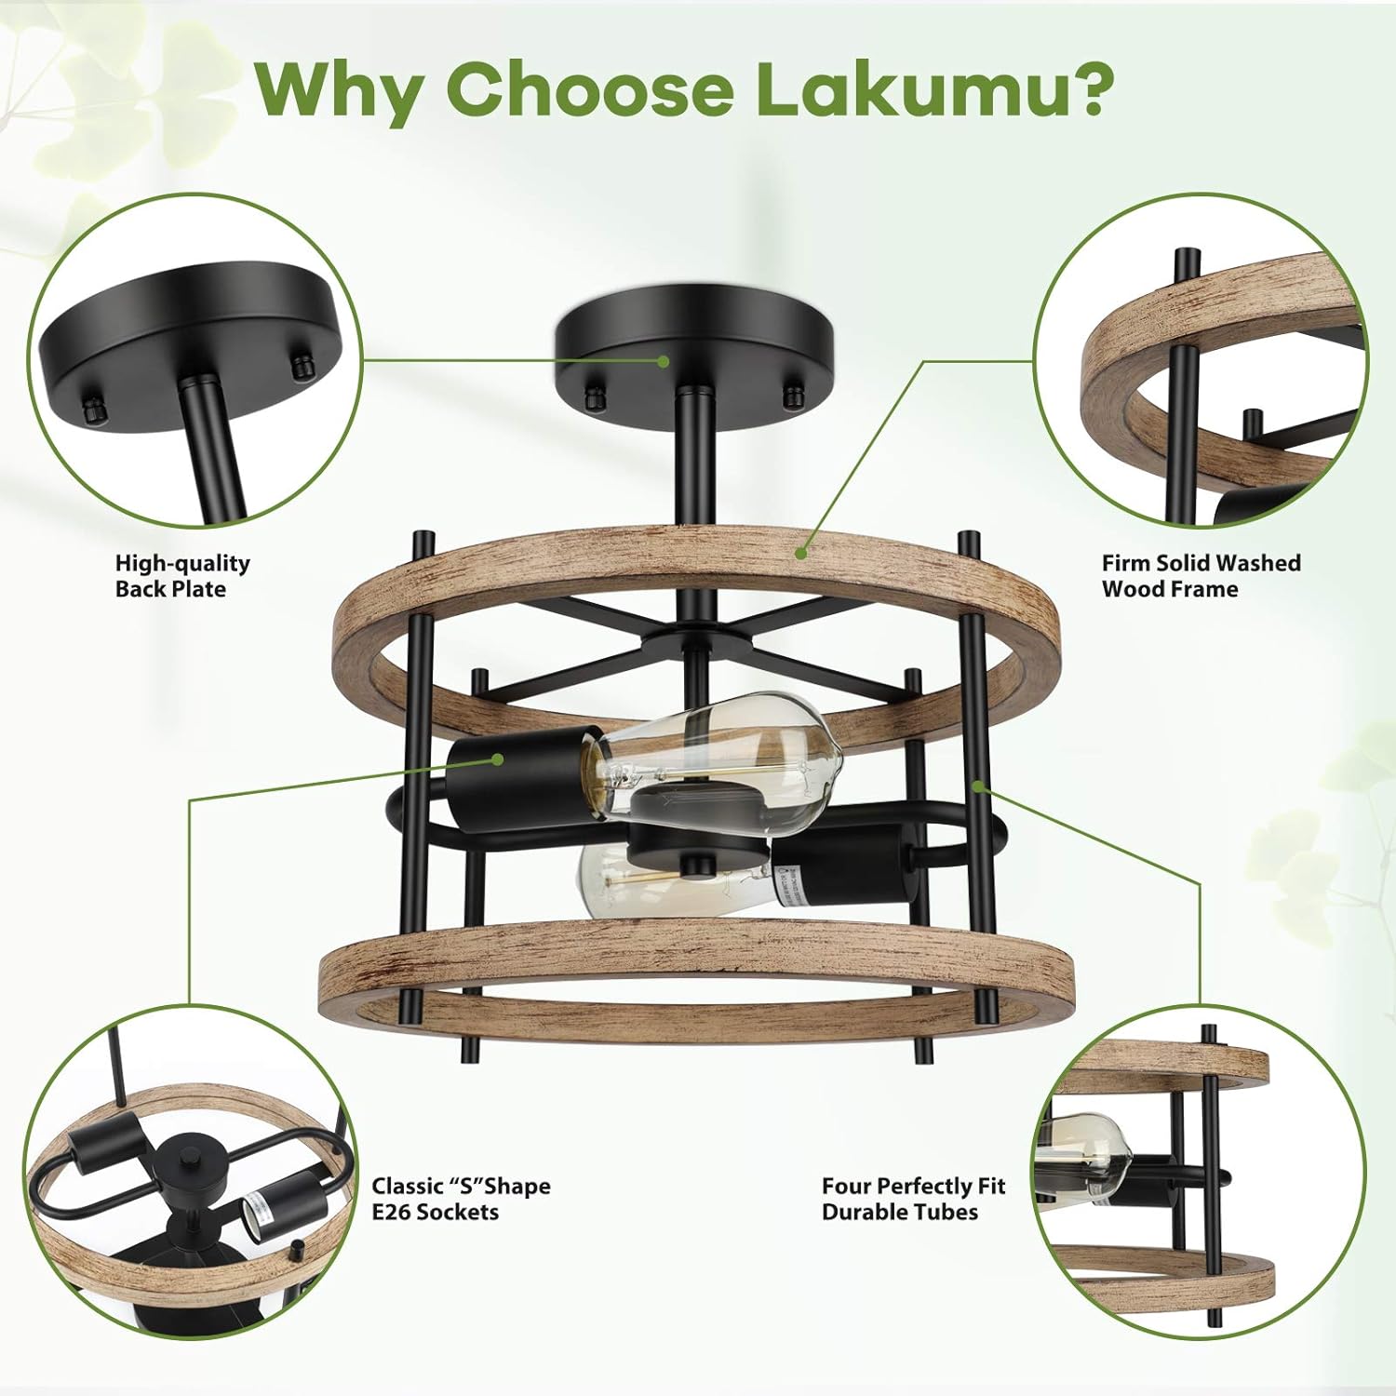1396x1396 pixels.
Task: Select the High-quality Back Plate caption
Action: (182, 576)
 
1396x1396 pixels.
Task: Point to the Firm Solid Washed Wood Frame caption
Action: (1201, 576)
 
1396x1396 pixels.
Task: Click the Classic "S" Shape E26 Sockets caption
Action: (461, 1199)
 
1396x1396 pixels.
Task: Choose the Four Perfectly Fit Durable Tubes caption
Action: (913, 1199)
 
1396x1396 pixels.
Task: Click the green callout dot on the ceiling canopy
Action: (664, 361)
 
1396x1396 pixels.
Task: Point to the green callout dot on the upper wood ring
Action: (800, 552)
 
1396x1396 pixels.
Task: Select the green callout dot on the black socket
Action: (499, 758)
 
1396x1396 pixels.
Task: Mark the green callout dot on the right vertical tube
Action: (978, 786)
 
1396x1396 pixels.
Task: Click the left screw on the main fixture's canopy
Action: (593, 397)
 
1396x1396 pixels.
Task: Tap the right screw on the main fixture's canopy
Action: (793, 394)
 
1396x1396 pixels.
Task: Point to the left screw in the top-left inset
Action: (90, 408)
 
